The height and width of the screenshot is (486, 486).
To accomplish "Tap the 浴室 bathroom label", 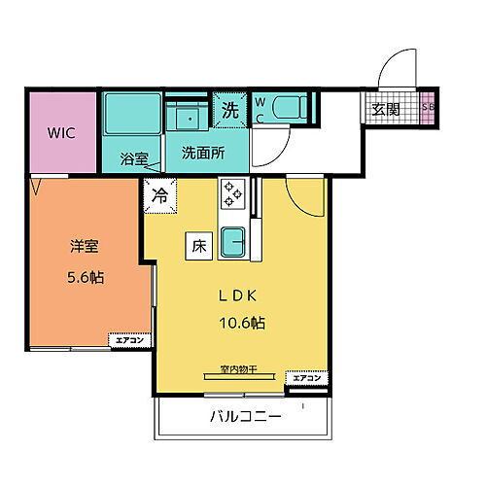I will point(134,157).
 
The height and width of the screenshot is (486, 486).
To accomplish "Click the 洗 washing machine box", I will point(231,108).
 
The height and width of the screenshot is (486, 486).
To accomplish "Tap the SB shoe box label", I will point(429,108).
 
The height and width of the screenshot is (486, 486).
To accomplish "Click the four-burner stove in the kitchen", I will point(233,192).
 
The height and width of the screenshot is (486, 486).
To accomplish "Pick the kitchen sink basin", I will point(233,241).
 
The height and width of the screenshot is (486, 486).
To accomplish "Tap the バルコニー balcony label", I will point(245,418).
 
